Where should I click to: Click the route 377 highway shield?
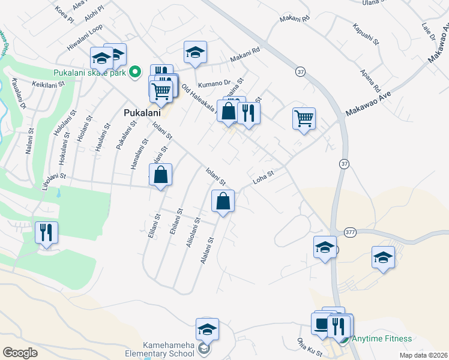tap(352, 232)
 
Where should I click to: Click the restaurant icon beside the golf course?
tap(46, 232)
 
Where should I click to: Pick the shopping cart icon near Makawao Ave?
tap(304, 118)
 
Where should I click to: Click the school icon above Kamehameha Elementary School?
tap(207, 329)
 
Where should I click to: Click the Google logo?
tap(20, 353)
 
